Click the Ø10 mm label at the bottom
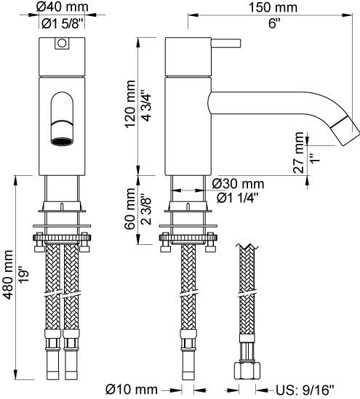pos(132,390)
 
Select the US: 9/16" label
pos(303,390)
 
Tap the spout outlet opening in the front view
pos(61,138)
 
